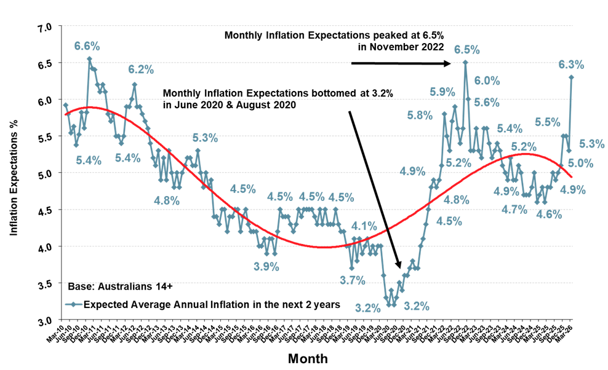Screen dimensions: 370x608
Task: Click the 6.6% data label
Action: [87, 46]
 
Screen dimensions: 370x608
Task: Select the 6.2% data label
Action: [141, 70]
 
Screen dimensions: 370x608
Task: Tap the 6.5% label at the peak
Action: [467, 49]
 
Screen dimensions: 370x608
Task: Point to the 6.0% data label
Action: [487, 81]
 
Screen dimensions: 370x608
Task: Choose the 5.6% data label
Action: [487, 103]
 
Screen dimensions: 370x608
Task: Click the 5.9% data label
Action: [442, 92]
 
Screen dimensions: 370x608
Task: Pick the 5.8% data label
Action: [420, 115]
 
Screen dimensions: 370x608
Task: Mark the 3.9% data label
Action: [266, 267]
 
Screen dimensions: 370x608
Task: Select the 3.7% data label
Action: [353, 280]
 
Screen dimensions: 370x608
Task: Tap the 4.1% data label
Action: [364, 226]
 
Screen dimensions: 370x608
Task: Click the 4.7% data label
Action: [514, 210]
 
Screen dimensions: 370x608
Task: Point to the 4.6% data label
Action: [549, 215]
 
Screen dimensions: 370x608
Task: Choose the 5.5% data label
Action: [547, 122]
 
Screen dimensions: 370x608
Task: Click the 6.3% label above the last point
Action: [571, 65]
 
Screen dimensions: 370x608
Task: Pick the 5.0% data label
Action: [580, 163]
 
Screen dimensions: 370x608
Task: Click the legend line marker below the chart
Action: [74, 304]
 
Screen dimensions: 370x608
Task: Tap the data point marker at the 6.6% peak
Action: [89, 59]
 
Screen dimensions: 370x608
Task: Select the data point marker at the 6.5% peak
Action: [465, 61]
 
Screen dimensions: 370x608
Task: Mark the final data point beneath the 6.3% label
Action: [572, 77]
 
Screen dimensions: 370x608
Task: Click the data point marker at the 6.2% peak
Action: [135, 85]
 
